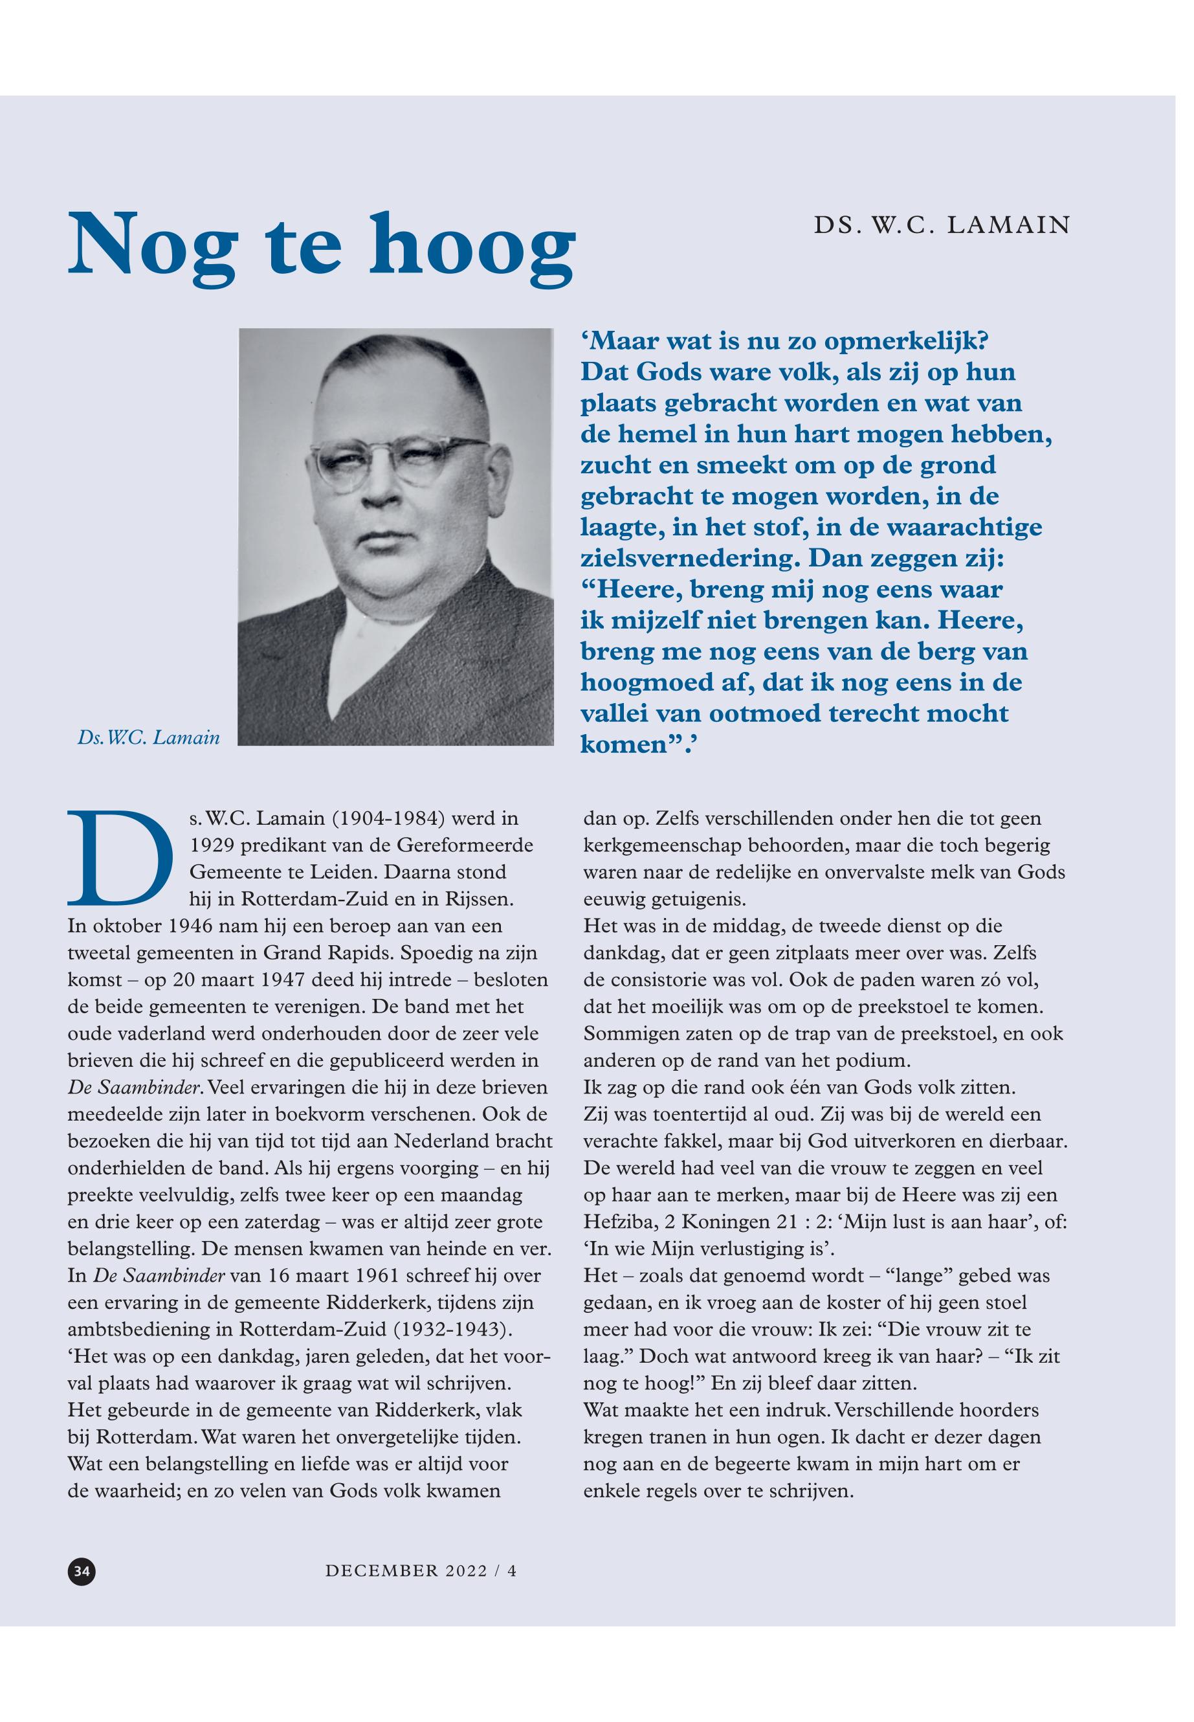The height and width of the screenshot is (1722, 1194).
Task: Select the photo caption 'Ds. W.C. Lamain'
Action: (149, 738)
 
